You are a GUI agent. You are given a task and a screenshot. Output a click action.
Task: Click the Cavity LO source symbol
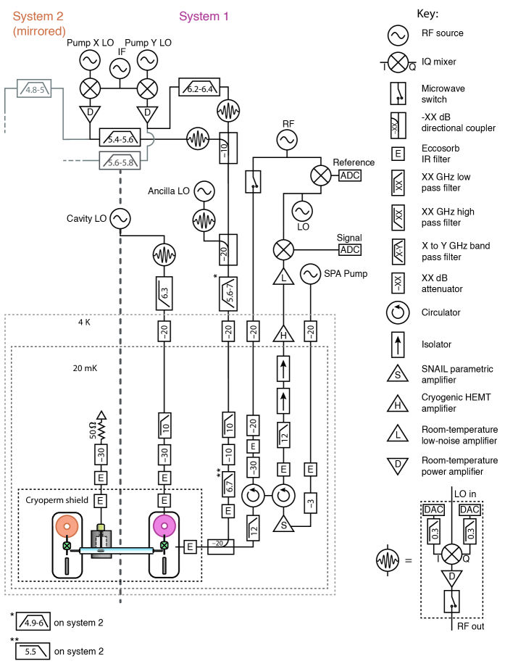(x=120, y=219)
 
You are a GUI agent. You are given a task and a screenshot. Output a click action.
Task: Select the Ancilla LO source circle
(x=204, y=191)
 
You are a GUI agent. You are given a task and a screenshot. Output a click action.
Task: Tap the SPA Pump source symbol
(x=310, y=274)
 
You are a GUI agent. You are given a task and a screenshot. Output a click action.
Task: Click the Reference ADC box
(x=350, y=175)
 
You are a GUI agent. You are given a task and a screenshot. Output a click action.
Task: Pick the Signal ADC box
(x=350, y=249)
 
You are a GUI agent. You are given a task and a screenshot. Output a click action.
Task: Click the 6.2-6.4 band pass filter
(x=199, y=87)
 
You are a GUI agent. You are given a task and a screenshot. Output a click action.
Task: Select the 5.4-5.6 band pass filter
(x=120, y=137)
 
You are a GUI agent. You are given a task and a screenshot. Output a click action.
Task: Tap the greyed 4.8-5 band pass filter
(x=34, y=88)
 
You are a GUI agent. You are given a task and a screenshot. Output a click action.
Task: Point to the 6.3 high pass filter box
(x=164, y=293)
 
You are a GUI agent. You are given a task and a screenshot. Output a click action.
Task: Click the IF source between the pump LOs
(x=120, y=68)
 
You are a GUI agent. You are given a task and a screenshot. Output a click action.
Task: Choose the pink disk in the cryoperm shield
(x=164, y=525)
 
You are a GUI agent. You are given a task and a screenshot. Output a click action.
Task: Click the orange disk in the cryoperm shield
(x=67, y=525)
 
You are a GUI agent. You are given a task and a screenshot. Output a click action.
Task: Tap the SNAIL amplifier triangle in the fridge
(x=283, y=523)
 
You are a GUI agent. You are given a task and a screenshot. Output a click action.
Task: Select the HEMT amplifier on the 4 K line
(x=283, y=333)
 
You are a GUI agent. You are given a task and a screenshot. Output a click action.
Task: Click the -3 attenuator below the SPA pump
(x=311, y=502)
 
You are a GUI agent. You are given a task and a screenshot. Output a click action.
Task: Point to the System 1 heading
(x=204, y=16)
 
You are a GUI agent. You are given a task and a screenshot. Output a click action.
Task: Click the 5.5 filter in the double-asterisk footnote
(x=33, y=652)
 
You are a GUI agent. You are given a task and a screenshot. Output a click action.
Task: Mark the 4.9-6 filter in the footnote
(x=33, y=622)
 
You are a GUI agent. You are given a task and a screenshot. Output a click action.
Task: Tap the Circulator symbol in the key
(x=398, y=312)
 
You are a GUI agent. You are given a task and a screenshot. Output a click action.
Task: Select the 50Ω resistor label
(x=93, y=431)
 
